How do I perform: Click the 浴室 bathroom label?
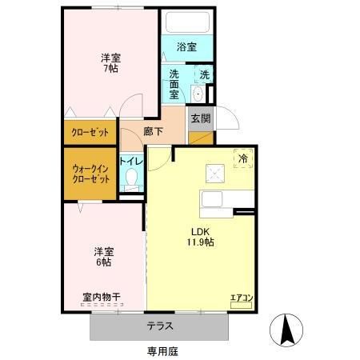tap(186, 47)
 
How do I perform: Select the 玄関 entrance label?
tap(200, 118)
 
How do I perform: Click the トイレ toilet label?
tap(130, 160)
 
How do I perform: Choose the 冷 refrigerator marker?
tap(243, 158)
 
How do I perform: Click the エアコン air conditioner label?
tap(241, 298)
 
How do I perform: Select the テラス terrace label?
tap(161, 326)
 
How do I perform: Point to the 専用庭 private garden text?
tap(162, 350)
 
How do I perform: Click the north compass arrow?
tap(288, 329)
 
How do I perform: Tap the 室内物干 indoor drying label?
tap(101, 298)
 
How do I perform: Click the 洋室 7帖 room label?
tap(110, 63)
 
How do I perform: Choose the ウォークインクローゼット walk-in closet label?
tap(90, 173)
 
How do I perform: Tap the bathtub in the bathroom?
tap(186, 22)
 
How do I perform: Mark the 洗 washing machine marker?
tap(205, 75)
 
